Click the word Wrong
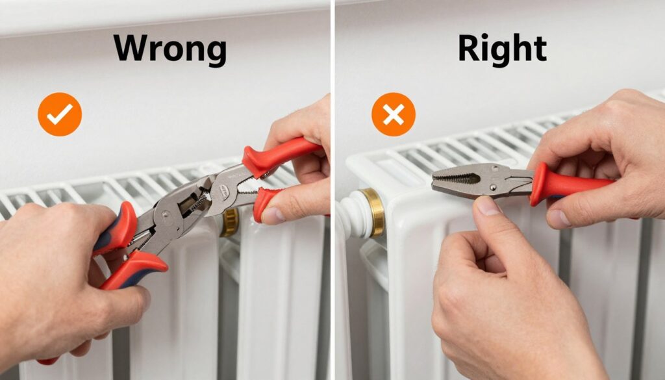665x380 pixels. tap(169, 49)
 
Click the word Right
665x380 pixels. tap(502, 50)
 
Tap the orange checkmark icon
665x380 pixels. tap(60, 114)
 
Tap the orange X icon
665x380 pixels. tap(394, 114)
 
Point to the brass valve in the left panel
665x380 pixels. tap(229, 222)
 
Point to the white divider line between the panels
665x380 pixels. tap(333, 190)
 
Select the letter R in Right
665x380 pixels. tap(469, 48)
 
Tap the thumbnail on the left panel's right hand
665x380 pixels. tap(272, 215)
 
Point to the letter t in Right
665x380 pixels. tap(539, 49)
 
